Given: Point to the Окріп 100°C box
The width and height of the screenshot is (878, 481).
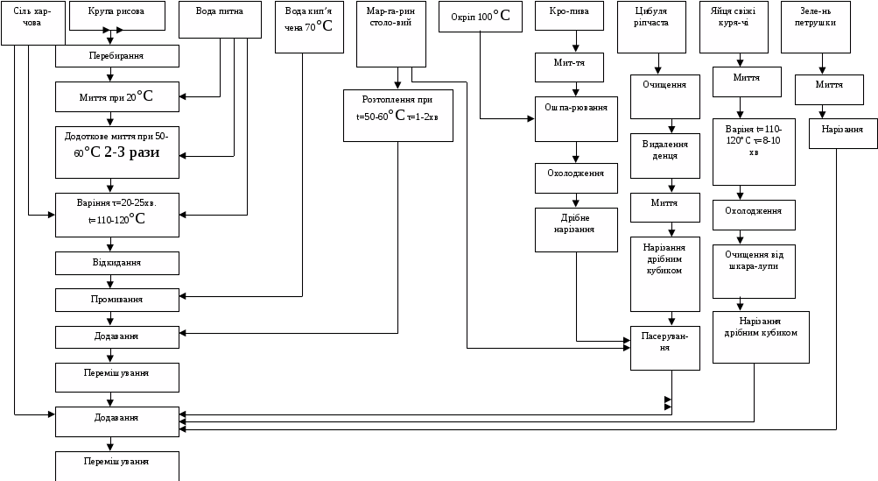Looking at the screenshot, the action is click(x=481, y=17).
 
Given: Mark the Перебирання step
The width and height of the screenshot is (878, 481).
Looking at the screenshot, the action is click(x=117, y=56).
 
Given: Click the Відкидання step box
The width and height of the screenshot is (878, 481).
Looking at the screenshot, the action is click(x=117, y=263).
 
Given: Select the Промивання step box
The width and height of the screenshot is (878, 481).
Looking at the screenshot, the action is click(x=117, y=300).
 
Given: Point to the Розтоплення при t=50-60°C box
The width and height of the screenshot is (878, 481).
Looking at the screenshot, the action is click(x=398, y=115).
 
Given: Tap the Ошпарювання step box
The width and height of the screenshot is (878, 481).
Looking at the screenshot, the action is click(x=576, y=118).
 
